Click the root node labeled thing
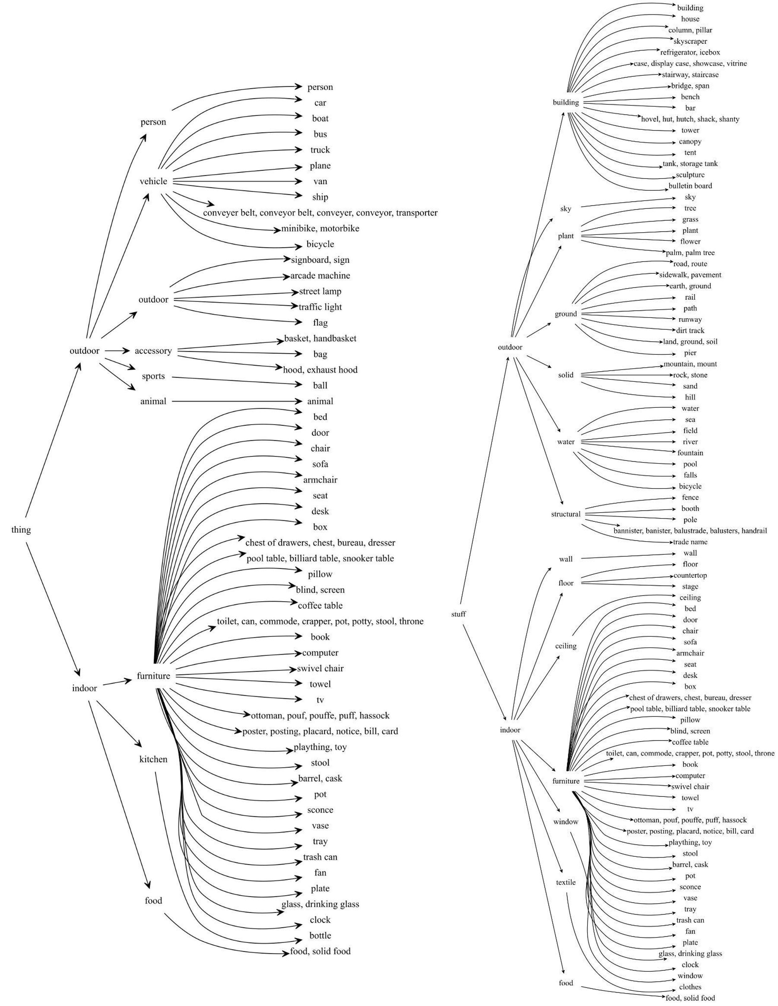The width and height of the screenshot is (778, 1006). pos(21,530)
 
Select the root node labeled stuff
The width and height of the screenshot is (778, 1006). pos(459,614)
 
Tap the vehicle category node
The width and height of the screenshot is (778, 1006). pos(153,181)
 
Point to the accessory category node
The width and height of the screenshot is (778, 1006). pos(153,351)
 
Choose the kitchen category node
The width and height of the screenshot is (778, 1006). pos(153,759)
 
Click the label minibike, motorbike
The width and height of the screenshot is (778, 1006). pos(320,228)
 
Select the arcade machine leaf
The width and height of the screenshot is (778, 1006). pos(320,276)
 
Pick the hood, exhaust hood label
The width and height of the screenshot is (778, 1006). pos(320,370)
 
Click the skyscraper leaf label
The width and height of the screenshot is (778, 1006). pos(690,41)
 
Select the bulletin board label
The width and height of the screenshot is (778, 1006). pos(690,186)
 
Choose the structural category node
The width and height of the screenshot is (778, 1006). pos(566,514)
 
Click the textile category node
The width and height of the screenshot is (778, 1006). pos(566,883)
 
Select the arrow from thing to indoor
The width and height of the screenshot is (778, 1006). pos(53,608)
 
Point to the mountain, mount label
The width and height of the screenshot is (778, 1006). pos(690,364)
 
